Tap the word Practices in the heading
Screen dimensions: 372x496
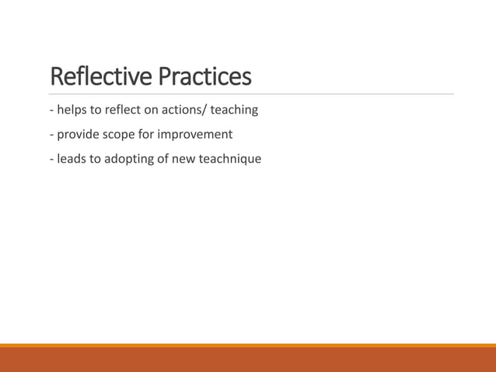(205, 77)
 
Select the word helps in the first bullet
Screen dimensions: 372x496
(71, 110)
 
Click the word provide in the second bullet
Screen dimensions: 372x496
(77, 135)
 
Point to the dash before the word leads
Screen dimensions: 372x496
(51, 160)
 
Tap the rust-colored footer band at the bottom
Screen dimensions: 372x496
(248, 360)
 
